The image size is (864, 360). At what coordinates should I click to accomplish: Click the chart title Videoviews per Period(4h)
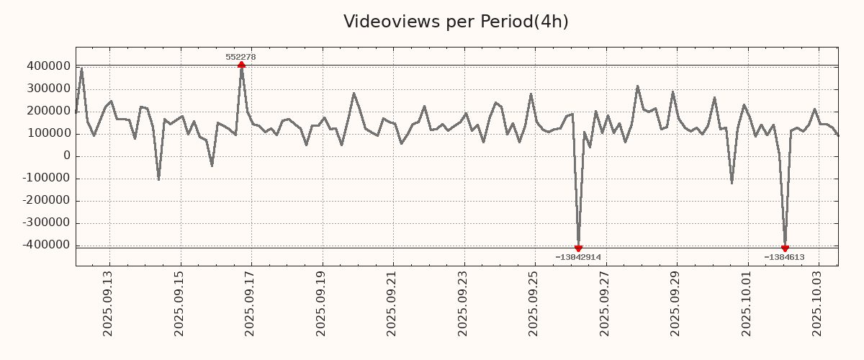pos(456,22)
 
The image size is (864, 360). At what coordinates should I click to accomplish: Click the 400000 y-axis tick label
pos(48,66)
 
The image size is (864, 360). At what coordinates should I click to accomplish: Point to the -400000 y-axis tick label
pos(46,245)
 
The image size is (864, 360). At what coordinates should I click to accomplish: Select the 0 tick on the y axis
pos(66,156)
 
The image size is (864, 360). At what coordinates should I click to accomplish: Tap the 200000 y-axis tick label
pos(48,111)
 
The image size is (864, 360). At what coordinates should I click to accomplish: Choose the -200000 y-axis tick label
pos(46,200)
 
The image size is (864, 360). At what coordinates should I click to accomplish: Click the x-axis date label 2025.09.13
pos(109,302)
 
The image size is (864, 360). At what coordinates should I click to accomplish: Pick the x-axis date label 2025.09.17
pos(251,302)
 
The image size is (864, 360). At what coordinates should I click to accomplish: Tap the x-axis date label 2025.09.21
pos(392,302)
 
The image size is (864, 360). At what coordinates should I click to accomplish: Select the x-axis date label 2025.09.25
pos(534,302)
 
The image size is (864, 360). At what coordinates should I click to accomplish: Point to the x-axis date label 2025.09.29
pos(676,302)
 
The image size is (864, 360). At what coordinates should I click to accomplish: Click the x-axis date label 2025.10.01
pos(747,302)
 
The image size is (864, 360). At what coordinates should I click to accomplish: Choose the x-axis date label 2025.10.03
pos(818,302)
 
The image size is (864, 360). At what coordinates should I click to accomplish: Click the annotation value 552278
pos(240,57)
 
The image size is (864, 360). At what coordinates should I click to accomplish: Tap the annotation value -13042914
pos(578,257)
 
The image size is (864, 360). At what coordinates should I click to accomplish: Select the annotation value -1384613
pos(784,257)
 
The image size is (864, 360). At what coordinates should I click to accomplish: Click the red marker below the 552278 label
pos(241,65)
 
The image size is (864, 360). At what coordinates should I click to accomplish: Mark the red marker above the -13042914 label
pos(578,248)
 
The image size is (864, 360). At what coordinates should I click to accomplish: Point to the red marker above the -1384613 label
pos(785,248)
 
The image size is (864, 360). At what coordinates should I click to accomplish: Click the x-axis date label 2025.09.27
pos(605,302)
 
